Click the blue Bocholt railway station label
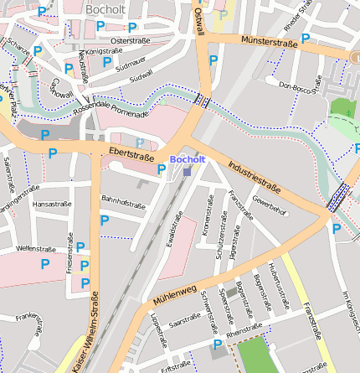tap(186, 158)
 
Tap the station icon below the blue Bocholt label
tap(186, 170)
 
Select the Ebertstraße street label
tap(131, 153)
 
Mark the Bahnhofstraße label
tap(123, 200)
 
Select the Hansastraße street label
tap(51, 203)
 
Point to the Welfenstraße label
tap(36, 248)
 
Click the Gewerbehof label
tap(269, 206)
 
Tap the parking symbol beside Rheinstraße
tap(218, 345)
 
